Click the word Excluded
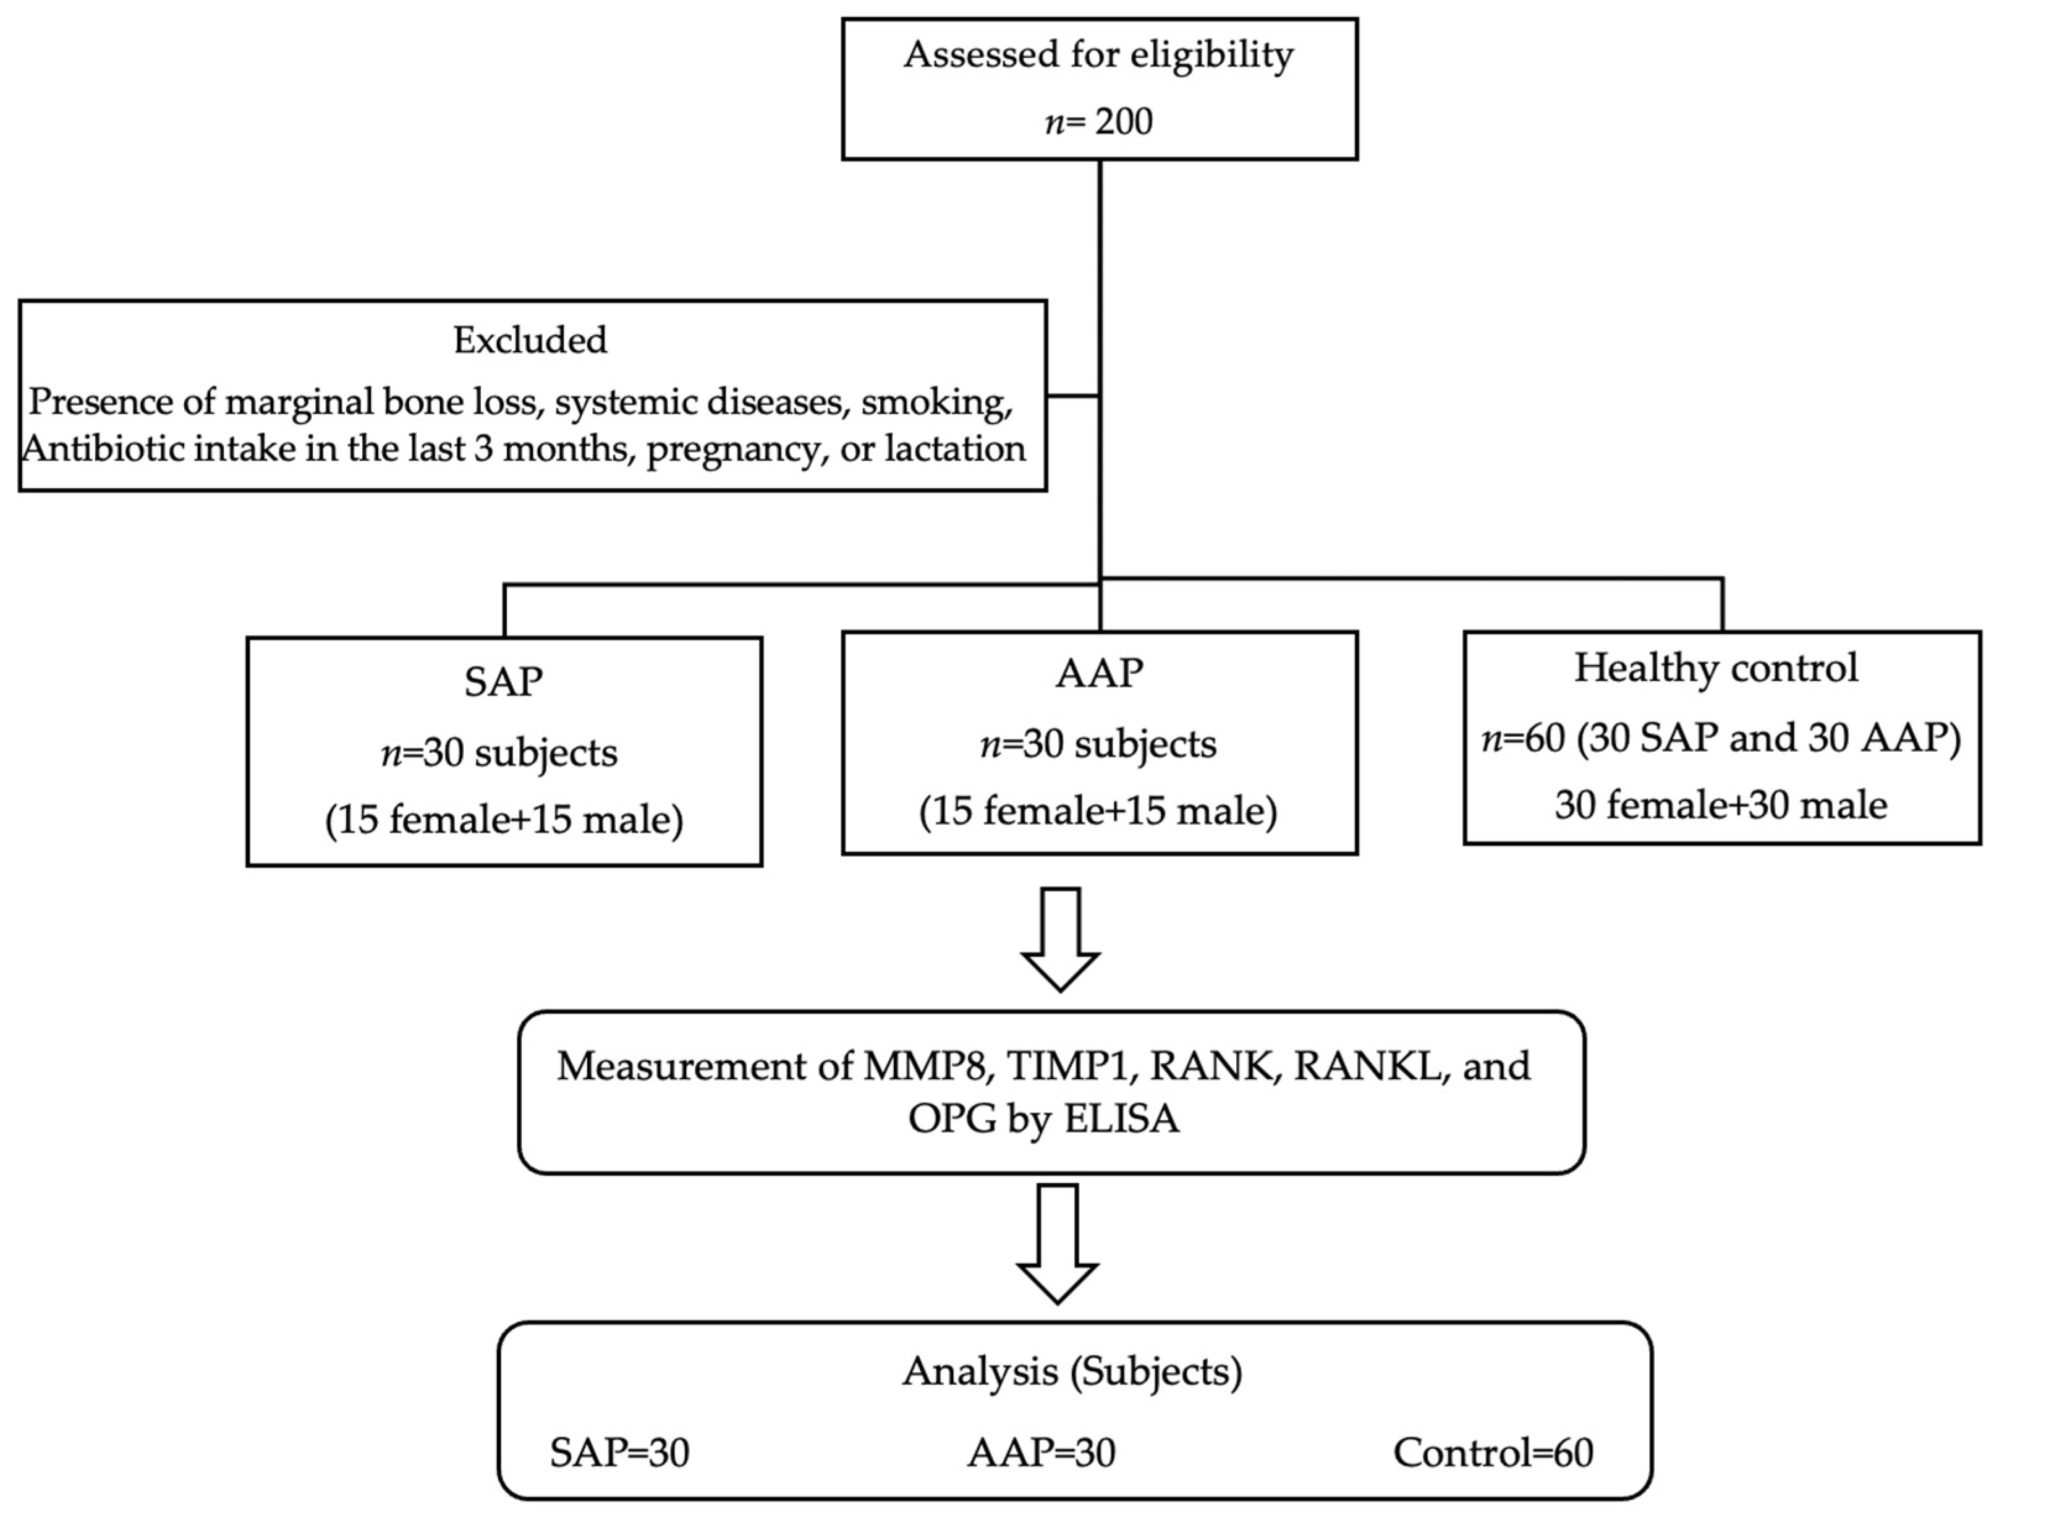coord(530,340)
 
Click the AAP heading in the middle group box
coord(1099,674)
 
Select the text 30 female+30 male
coord(1721,805)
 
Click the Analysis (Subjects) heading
coord(1072,1371)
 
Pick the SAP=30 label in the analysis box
coord(619,1453)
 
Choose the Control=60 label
coord(1493,1453)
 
